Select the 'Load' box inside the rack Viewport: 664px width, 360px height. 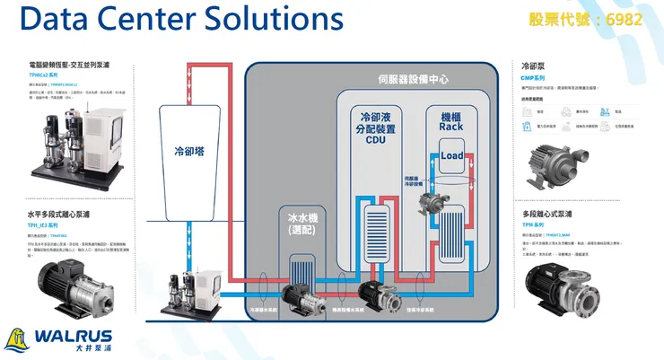click(x=451, y=157)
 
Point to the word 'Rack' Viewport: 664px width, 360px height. click(x=450, y=127)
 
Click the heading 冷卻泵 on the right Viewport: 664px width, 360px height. click(x=533, y=66)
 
